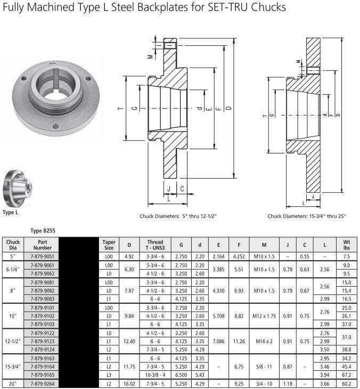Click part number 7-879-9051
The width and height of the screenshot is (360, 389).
pos(42,256)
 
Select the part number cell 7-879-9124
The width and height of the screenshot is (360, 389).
pos(42,350)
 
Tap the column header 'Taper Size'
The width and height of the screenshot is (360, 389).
pos(109,245)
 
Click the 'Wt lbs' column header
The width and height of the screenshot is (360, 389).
pos(346,245)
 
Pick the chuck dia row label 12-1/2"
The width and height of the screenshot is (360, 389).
pos(13,342)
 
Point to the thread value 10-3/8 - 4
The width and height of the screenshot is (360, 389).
pos(155,375)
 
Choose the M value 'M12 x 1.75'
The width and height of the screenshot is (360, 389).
pos(264,316)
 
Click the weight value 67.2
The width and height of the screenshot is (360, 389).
pos(346,375)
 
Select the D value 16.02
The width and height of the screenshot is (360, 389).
pos(129,384)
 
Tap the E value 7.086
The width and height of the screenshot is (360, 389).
pos(218,342)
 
